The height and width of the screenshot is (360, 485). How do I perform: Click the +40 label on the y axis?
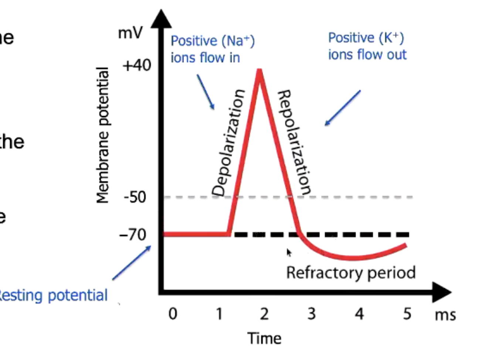[137, 66]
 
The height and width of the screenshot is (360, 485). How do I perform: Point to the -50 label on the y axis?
[135, 197]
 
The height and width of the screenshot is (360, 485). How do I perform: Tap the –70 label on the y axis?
[133, 235]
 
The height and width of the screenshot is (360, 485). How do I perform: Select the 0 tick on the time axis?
[173, 314]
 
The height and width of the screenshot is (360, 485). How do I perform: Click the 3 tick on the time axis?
[312, 314]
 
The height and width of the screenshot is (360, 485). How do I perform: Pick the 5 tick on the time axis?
[407, 314]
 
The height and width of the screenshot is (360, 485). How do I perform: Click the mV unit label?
[130, 33]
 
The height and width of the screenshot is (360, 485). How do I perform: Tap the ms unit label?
[445, 315]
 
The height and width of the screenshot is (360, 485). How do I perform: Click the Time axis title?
[264, 338]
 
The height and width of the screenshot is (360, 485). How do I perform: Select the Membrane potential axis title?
[103, 135]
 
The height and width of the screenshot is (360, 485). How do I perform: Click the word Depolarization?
[228, 142]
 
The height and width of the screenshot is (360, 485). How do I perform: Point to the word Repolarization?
[294, 142]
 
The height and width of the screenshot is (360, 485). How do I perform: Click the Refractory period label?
[351, 273]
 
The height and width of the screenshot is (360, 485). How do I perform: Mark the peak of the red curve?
[260, 71]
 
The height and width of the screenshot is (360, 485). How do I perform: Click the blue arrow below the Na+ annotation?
[206, 92]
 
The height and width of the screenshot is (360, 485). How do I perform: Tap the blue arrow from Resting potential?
[132, 263]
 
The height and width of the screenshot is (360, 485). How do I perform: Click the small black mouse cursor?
[289, 252]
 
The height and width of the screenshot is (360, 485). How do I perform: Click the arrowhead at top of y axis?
[161, 19]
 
